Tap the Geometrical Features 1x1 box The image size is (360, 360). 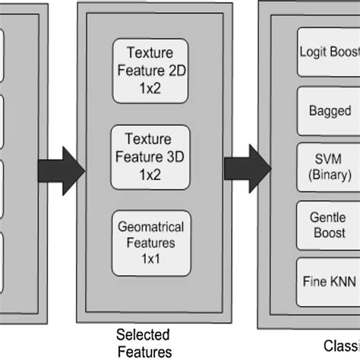click(150, 242)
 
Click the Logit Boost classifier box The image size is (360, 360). click(324, 54)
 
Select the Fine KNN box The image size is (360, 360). click(324, 279)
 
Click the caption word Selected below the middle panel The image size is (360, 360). click(143, 335)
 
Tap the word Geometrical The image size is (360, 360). click(150, 229)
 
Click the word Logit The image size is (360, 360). click(311, 54)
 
